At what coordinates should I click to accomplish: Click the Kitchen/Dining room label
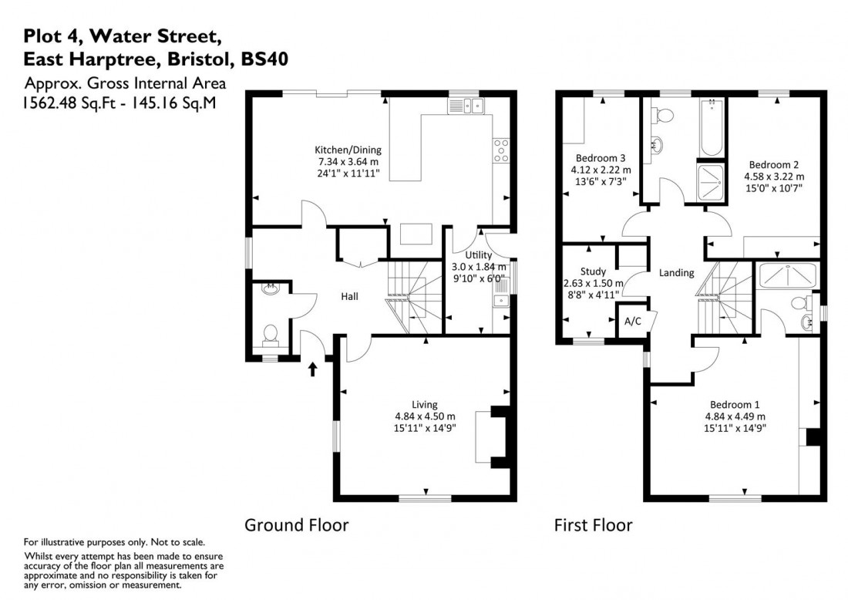(x=348, y=150)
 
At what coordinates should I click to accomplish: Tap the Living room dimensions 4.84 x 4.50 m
(x=424, y=417)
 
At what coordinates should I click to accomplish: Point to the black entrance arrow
(x=313, y=369)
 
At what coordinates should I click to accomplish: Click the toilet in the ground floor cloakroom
(x=270, y=334)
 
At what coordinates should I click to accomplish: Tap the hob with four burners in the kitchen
(x=500, y=150)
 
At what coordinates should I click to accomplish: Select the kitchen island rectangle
(x=414, y=233)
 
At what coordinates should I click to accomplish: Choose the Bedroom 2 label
(x=774, y=164)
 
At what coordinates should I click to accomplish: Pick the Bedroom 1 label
(x=735, y=405)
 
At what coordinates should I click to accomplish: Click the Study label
(x=593, y=271)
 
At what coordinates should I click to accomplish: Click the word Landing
(x=676, y=273)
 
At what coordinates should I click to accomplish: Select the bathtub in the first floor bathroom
(x=712, y=128)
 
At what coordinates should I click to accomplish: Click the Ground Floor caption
(x=297, y=525)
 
